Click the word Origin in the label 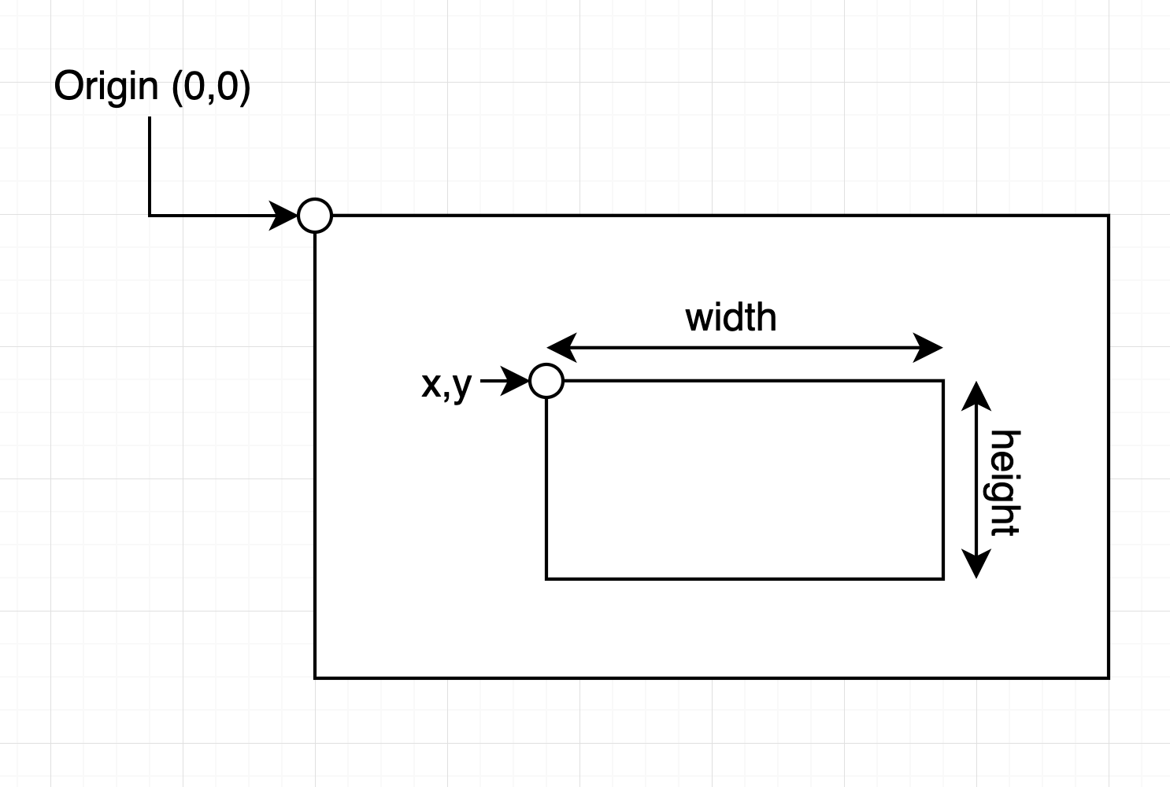point(106,87)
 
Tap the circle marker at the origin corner point(315,215)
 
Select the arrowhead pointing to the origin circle point(283,215)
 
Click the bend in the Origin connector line point(150,215)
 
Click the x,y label point(446,384)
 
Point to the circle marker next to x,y point(546,381)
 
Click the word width point(731,318)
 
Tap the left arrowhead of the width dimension point(561,347)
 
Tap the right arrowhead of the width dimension point(928,347)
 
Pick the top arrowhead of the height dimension point(976,395)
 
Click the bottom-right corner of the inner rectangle point(943,578)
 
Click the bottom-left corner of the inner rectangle point(546,578)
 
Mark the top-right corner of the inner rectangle point(943,381)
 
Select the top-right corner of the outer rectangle point(1109,215)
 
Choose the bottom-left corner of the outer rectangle point(315,677)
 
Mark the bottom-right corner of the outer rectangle point(1109,677)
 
